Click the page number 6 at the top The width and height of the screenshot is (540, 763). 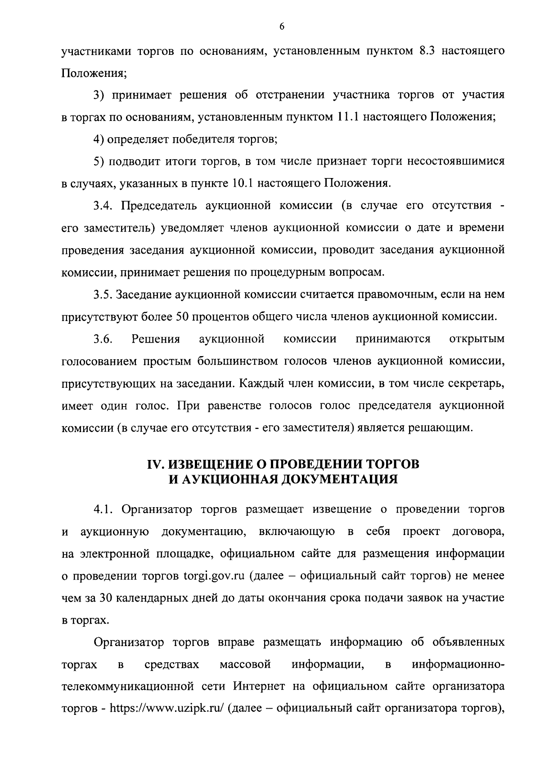coord(282,27)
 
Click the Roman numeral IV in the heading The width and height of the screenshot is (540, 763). coord(155,464)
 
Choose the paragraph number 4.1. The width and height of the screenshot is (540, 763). coord(103,509)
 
